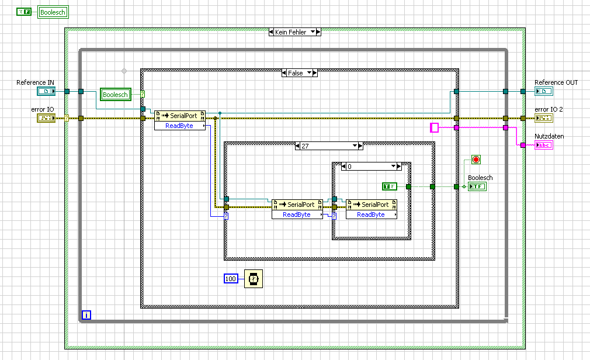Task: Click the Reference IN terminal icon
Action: click(x=46, y=91)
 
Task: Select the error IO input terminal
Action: click(x=46, y=118)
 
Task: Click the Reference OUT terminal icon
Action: click(x=543, y=91)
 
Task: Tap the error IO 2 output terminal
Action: click(x=543, y=118)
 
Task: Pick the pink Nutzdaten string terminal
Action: click(x=543, y=145)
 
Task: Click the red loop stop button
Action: click(x=476, y=160)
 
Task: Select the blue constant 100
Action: click(x=231, y=279)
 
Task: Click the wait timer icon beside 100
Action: click(x=254, y=279)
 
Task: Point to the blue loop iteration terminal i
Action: click(x=86, y=316)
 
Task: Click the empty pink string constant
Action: click(x=434, y=127)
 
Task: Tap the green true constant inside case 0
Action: click(x=390, y=186)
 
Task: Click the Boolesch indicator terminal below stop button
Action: click(x=477, y=186)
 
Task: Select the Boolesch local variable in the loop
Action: click(x=115, y=95)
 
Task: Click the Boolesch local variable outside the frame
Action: click(x=53, y=12)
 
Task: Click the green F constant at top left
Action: click(x=23, y=12)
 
